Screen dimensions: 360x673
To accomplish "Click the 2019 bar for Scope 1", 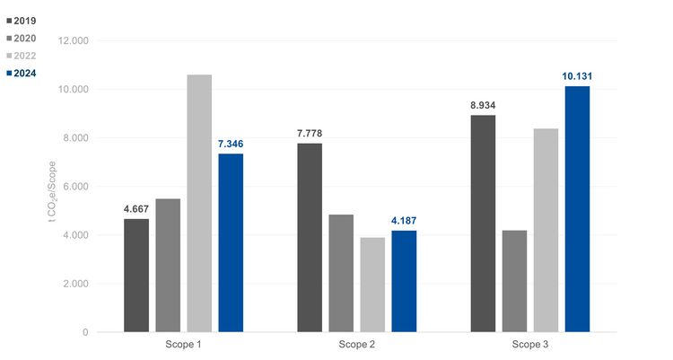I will (x=136, y=276).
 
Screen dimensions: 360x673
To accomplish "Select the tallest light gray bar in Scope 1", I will (x=199, y=203).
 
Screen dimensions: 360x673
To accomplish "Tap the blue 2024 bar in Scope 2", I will (x=404, y=281).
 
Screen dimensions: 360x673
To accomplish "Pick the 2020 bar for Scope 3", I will (x=514, y=281).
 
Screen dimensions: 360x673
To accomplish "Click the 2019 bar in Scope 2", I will (x=310, y=238).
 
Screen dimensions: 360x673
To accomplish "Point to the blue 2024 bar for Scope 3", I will (x=577, y=209).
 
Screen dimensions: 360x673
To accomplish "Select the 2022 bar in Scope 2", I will (x=372, y=285).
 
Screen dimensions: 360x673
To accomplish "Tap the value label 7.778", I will (x=310, y=135).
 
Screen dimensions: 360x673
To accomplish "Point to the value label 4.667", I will (x=136, y=210).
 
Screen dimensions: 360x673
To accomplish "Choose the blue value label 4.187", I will (x=404, y=222).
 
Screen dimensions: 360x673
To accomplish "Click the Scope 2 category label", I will (x=356, y=346).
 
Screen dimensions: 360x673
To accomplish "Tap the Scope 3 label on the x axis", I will (x=530, y=346).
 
